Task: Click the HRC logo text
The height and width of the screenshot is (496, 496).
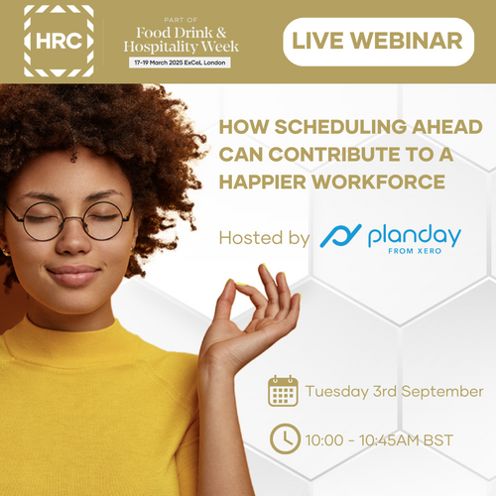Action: [59, 42]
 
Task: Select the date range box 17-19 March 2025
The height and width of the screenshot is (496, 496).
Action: [182, 62]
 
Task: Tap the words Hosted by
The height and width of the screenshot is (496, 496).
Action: [263, 237]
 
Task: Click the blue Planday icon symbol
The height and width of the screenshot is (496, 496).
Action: [339, 237]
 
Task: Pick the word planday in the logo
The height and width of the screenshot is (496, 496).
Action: [414, 235]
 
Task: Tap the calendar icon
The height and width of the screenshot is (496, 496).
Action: [284, 390]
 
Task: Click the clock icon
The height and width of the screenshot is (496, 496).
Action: [284, 436]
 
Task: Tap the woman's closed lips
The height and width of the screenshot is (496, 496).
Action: [74, 275]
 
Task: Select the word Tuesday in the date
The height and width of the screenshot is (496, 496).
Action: [338, 391]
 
